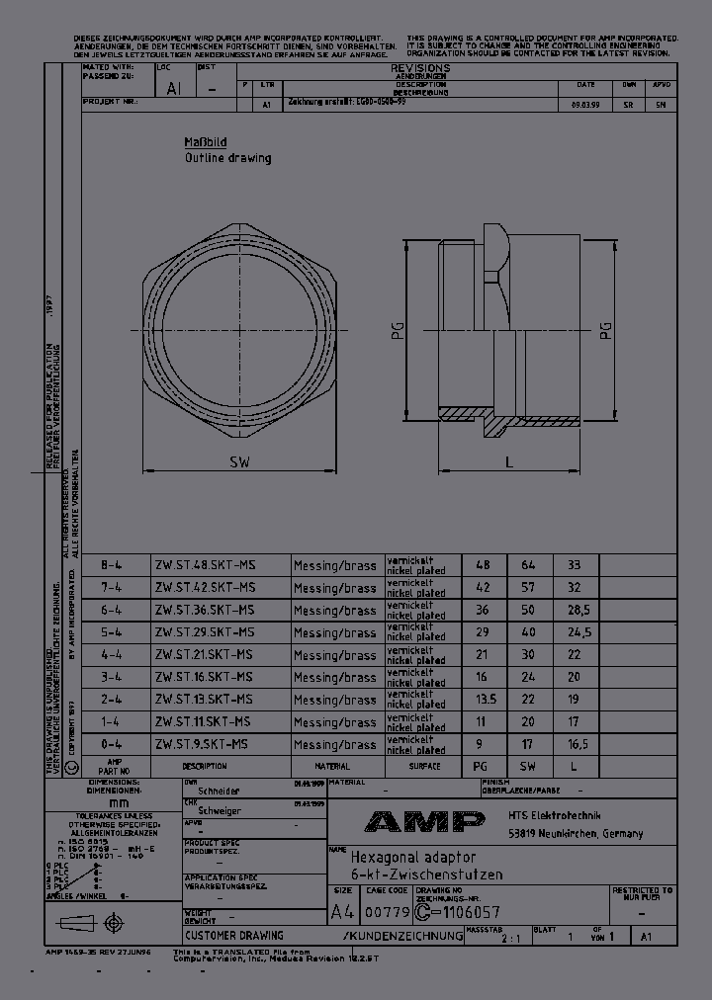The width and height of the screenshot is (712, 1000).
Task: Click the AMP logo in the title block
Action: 424,821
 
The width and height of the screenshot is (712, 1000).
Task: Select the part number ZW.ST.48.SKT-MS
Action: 205,565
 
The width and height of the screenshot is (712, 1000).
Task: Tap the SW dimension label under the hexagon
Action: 239,461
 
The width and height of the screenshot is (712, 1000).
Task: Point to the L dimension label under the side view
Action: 508,461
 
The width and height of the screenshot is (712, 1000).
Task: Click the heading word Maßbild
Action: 205,141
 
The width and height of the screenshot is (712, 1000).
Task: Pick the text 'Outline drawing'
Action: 227,158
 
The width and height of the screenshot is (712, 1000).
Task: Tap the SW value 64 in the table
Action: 528,565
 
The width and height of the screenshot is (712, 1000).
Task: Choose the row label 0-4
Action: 112,744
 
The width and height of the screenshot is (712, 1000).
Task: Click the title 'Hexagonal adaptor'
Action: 413,858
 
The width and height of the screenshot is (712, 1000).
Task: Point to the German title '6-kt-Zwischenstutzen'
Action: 426,875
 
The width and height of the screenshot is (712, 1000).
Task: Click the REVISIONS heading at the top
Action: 420,68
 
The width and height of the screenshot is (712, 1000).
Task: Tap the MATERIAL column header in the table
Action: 332,766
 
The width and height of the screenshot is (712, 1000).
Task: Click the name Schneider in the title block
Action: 220,792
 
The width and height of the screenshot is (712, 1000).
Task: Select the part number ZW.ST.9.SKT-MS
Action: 202,744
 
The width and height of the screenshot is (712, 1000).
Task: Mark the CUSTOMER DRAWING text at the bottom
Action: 234,935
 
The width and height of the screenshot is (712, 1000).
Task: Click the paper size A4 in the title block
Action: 341,912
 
